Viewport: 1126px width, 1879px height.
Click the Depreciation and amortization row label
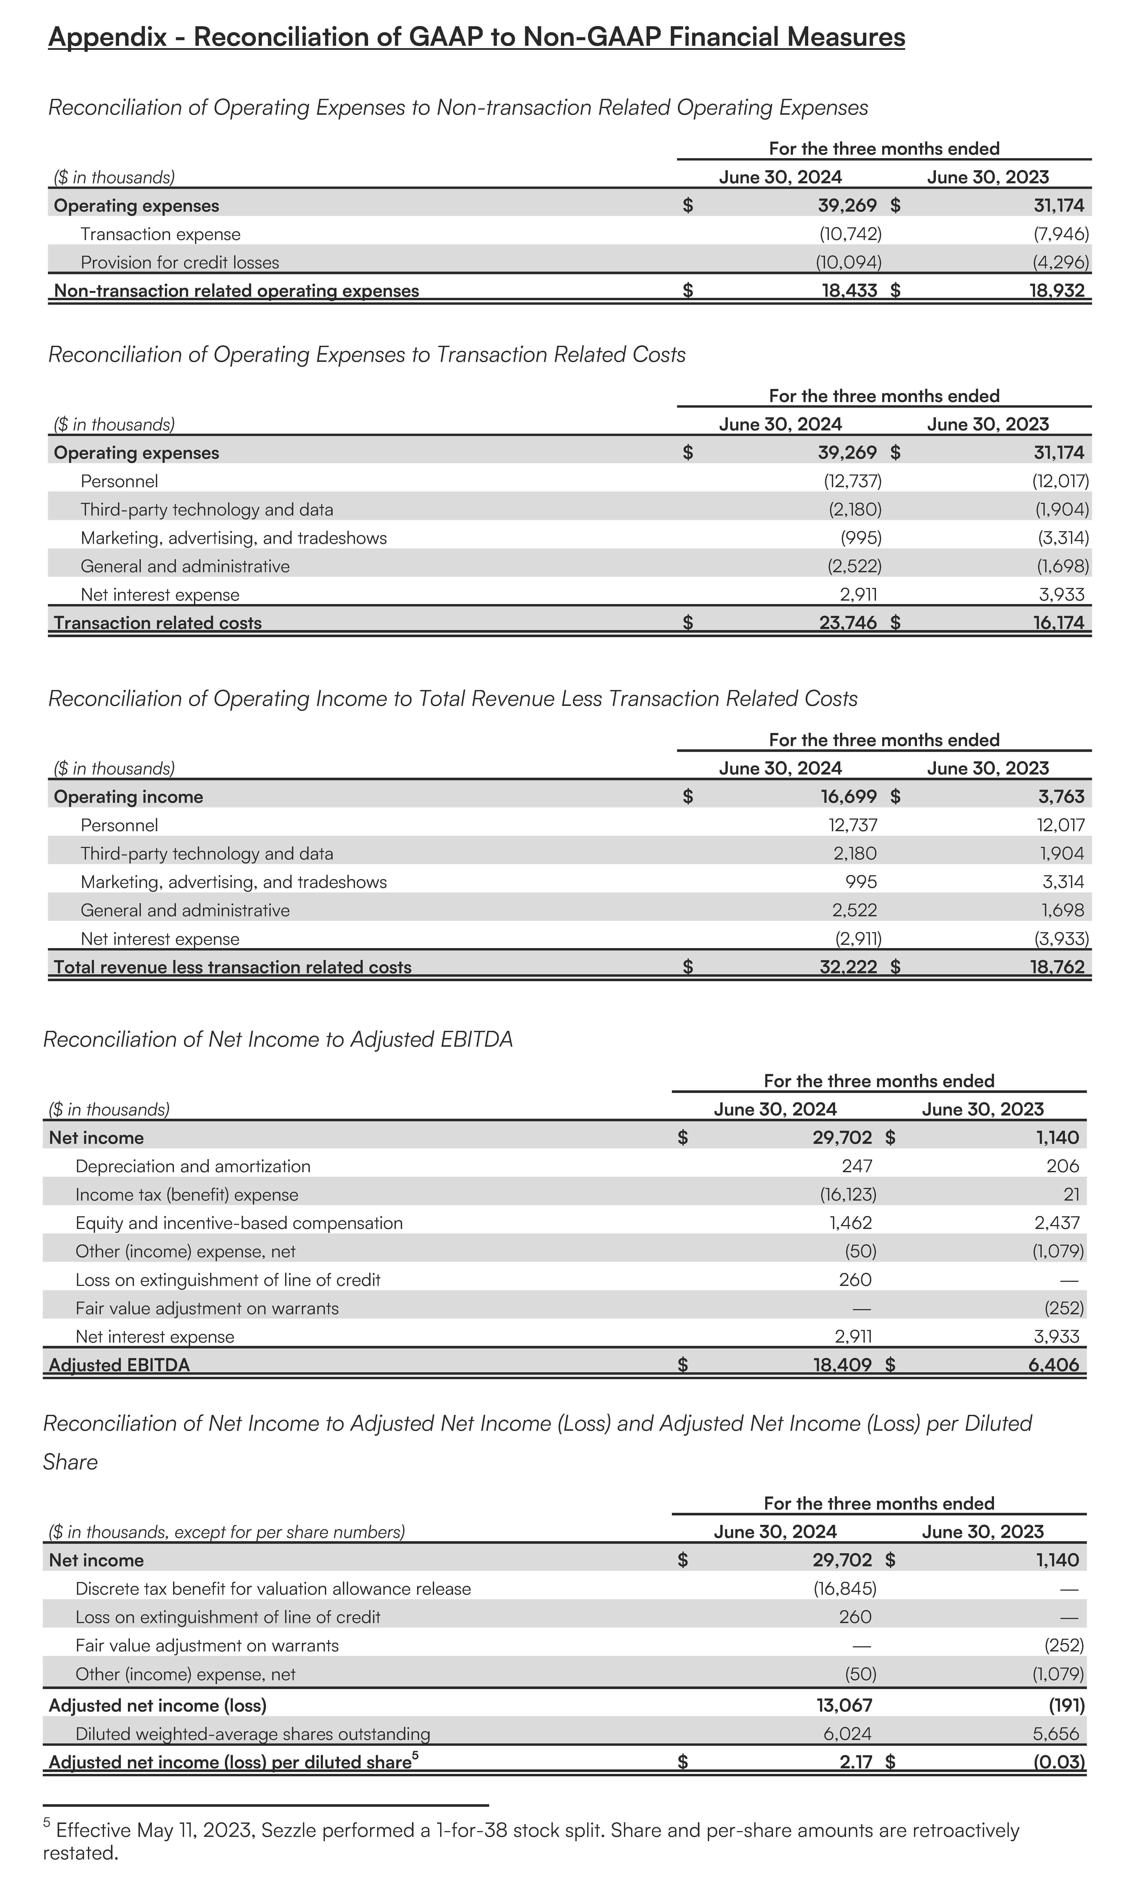tap(193, 1166)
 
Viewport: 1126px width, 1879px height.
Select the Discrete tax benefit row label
tap(273, 1589)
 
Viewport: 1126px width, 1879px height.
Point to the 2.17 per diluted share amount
tap(856, 1762)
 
